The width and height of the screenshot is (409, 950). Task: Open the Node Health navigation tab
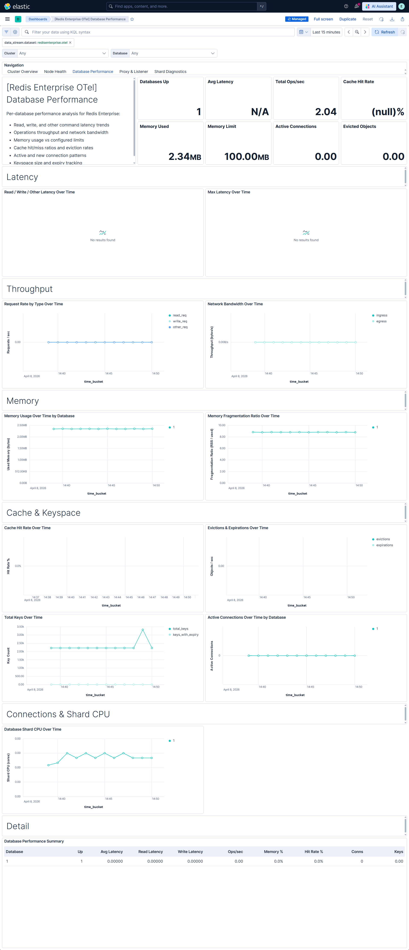point(55,72)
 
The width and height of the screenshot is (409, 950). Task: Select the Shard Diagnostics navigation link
point(170,72)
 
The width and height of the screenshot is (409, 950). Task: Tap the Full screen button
point(323,19)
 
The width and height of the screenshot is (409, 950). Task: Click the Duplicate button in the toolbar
point(347,19)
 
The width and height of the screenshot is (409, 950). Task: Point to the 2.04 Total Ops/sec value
point(326,112)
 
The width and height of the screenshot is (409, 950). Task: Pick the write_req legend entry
point(180,321)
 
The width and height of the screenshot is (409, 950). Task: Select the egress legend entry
point(381,321)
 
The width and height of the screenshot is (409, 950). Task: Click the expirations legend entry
point(384,545)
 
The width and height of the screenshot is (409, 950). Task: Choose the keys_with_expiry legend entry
point(185,635)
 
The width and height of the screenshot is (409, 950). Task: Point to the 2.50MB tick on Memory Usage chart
point(22,425)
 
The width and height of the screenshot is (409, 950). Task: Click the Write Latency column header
point(190,852)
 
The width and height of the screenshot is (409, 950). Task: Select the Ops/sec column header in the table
point(235,852)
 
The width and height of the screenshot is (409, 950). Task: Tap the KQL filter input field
point(158,32)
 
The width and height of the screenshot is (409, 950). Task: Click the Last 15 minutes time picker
point(326,32)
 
